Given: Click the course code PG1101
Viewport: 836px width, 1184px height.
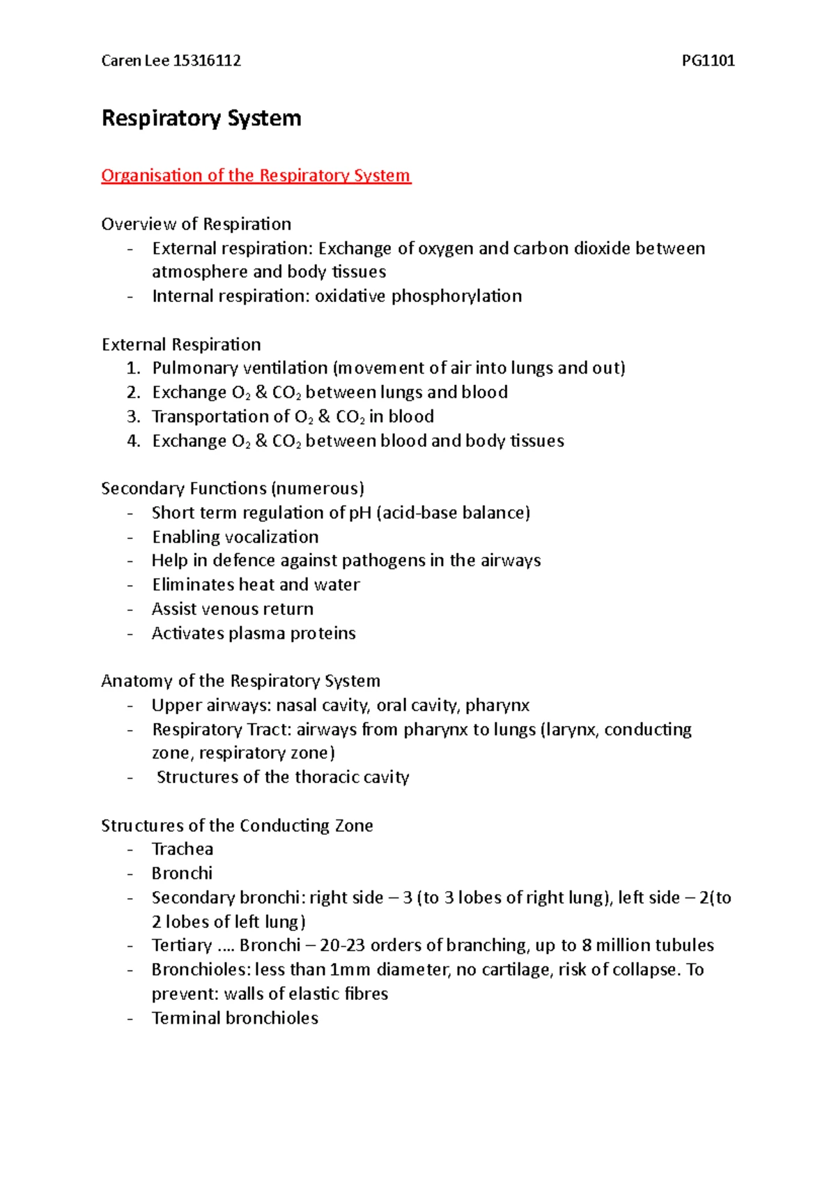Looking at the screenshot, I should coord(708,61).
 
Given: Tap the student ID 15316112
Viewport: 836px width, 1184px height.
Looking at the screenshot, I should coord(207,61).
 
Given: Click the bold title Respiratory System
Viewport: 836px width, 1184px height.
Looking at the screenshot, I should coord(201,118).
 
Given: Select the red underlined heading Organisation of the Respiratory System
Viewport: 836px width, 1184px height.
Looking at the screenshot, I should coord(256,175).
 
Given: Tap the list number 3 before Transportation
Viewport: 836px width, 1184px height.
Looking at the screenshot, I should coord(133,416).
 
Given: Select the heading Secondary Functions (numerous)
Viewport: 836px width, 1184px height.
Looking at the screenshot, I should coord(233,488).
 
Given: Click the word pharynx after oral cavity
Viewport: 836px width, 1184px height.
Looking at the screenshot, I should coord(497,706).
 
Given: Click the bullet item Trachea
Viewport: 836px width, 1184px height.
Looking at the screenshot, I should coord(183,849).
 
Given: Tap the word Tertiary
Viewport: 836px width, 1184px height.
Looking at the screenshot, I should coord(182,946).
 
